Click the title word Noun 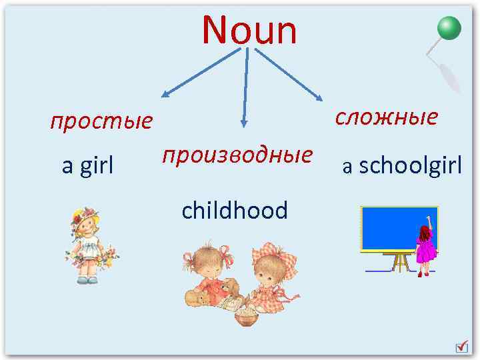(x=249, y=30)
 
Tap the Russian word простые (x=101, y=122)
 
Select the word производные (x=237, y=155)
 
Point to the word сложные (x=386, y=117)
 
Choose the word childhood (x=235, y=211)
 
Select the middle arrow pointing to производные (x=245, y=87)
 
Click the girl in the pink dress (x=424, y=247)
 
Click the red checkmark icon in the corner (x=461, y=347)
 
